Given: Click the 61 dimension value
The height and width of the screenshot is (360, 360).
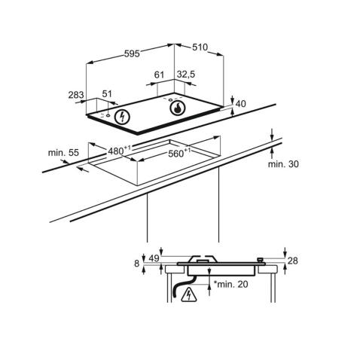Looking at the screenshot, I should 159,76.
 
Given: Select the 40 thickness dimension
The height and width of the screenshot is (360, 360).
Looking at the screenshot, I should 241,105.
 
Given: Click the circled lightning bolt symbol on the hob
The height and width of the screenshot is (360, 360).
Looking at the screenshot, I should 124,117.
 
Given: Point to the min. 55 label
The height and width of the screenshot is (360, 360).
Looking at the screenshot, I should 63,153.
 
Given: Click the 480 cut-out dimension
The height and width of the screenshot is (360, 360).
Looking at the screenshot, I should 117,151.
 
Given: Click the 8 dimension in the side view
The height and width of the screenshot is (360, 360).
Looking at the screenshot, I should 137,263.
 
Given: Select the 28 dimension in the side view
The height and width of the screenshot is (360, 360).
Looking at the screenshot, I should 293,261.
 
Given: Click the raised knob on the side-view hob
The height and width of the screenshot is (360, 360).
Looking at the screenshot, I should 261,260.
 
